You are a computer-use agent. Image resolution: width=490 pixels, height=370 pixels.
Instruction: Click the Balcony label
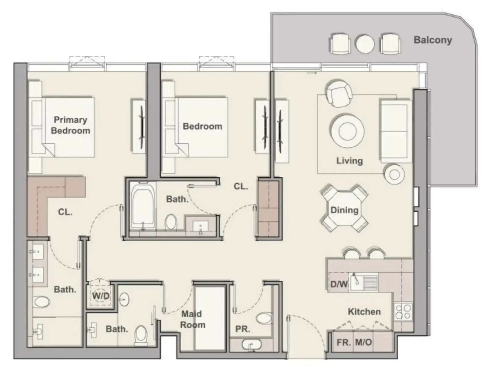point(433,40)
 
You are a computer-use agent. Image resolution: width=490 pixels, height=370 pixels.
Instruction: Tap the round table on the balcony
point(365,44)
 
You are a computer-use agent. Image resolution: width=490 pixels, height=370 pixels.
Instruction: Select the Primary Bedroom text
point(70,125)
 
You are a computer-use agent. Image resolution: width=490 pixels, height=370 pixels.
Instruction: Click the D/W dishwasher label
point(339,284)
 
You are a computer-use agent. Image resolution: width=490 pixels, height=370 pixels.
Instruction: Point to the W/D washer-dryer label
point(101,296)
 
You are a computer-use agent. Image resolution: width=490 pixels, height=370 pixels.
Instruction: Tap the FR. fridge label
point(343,343)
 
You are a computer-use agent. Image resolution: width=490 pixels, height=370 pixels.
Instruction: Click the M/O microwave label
point(364,342)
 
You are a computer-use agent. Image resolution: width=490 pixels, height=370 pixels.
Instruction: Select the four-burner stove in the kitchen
point(403,312)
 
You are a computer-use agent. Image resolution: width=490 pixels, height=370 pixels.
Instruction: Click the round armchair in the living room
point(339,93)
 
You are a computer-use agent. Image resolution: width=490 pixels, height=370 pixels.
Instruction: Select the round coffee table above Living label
point(347,131)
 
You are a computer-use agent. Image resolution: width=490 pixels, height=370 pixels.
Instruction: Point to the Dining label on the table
point(344,210)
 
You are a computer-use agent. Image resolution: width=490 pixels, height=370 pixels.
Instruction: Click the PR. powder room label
point(243,329)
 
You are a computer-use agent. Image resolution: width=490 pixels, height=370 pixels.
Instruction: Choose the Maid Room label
point(192,319)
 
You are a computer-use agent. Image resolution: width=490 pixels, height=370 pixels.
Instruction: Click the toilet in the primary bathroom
point(41,302)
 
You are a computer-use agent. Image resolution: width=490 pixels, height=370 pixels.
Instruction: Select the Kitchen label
point(364,312)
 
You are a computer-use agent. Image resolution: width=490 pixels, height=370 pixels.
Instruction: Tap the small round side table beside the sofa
point(394,174)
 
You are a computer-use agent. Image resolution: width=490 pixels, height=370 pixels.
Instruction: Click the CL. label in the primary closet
point(65,212)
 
